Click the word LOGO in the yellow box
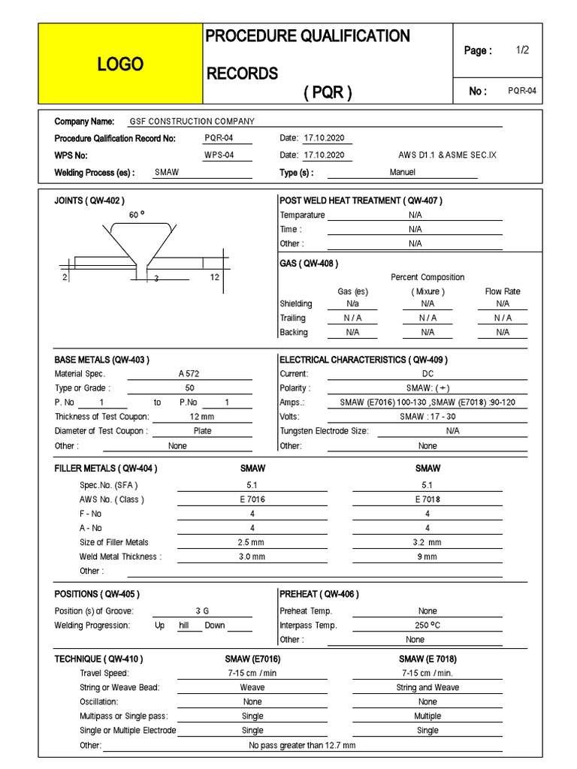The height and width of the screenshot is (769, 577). (x=119, y=65)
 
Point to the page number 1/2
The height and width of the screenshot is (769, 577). (x=523, y=50)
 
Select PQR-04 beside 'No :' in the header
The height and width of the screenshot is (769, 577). (x=522, y=91)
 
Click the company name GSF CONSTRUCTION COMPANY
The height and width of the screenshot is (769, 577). (x=192, y=122)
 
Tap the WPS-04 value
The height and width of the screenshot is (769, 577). (x=219, y=155)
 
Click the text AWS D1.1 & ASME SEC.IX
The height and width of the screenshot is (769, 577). (x=447, y=155)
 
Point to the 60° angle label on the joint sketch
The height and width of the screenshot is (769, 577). (x=136, y=215)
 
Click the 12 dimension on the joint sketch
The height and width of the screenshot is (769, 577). (x=214, y=278)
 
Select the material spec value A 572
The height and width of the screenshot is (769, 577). (x=189, y=374)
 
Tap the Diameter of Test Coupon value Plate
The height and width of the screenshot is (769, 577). (x=202, y=431)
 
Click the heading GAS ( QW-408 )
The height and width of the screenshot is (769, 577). (x=309, y=264)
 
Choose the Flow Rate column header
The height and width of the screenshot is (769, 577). (x=503, y=291)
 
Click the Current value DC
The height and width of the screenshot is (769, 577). (x=427, y=374)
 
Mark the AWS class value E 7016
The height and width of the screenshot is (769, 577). (x=252, y=499)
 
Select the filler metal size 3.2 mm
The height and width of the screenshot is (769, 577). (x=427, y=542)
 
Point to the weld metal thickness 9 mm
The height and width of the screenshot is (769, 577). (x=427, y=556)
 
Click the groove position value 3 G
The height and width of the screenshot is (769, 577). (x=202, y=611)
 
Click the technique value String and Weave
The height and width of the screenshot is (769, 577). (x=427, y=687)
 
